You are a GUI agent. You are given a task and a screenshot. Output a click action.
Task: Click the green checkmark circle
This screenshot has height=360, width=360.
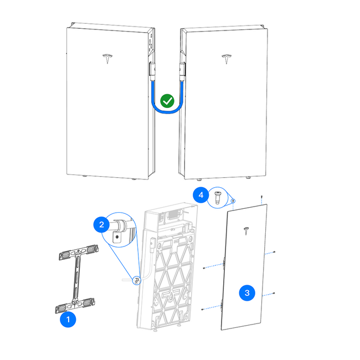(167, 101)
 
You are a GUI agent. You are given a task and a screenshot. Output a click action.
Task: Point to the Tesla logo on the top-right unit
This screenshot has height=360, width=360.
(226, 59)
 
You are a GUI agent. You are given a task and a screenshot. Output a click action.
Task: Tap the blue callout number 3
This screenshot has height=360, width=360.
(247, 292)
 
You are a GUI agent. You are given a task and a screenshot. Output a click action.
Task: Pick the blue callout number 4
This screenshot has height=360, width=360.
(201, 195)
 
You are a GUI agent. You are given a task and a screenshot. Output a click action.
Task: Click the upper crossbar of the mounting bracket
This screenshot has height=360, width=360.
(79, 254)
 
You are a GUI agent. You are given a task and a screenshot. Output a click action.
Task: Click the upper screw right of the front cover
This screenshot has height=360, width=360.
(275, 253)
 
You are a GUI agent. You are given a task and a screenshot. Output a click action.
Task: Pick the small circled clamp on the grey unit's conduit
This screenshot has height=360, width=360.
(136, 280)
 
